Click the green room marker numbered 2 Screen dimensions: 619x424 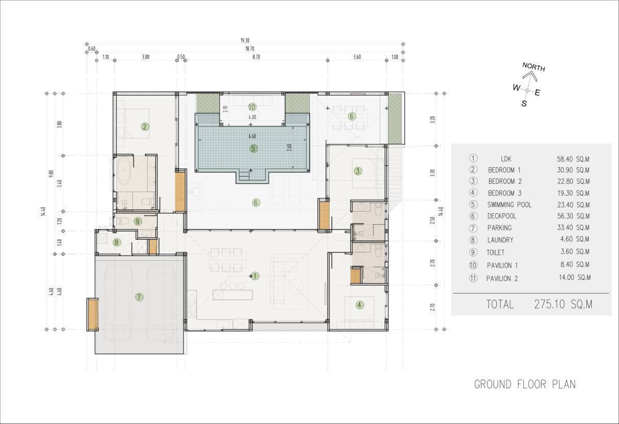[145, 127]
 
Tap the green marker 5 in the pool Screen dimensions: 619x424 [253, 149]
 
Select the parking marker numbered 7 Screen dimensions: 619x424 [139, 297]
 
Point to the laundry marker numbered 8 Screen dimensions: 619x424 [117, 243]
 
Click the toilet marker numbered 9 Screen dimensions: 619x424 [137, 221]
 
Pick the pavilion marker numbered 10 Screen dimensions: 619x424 [252, 107]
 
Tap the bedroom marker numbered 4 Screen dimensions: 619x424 [360, 305]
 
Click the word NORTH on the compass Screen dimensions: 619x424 [533, 67]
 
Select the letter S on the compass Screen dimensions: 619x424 [524, 103]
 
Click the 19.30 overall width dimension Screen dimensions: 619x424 [245, 41]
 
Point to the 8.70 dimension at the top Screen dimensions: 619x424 [256, 57]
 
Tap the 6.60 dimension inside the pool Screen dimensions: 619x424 [252, 136]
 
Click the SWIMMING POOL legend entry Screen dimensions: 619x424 [509, 205]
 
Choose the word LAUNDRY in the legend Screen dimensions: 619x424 [500, 240]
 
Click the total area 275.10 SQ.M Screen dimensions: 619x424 [563, 304]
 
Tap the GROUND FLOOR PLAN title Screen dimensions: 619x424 [525, 384]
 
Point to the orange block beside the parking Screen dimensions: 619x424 [93, 315]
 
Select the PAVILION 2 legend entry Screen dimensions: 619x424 [502, 278]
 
